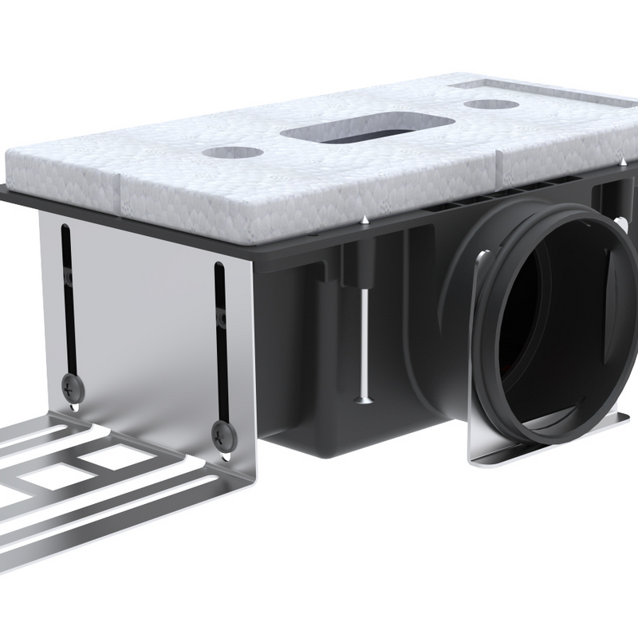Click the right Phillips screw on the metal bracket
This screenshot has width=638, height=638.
tap(219, 435)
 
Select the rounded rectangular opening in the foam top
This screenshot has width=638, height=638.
tap(368, 131)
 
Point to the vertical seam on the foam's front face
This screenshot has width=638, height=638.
tap(120, 191)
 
